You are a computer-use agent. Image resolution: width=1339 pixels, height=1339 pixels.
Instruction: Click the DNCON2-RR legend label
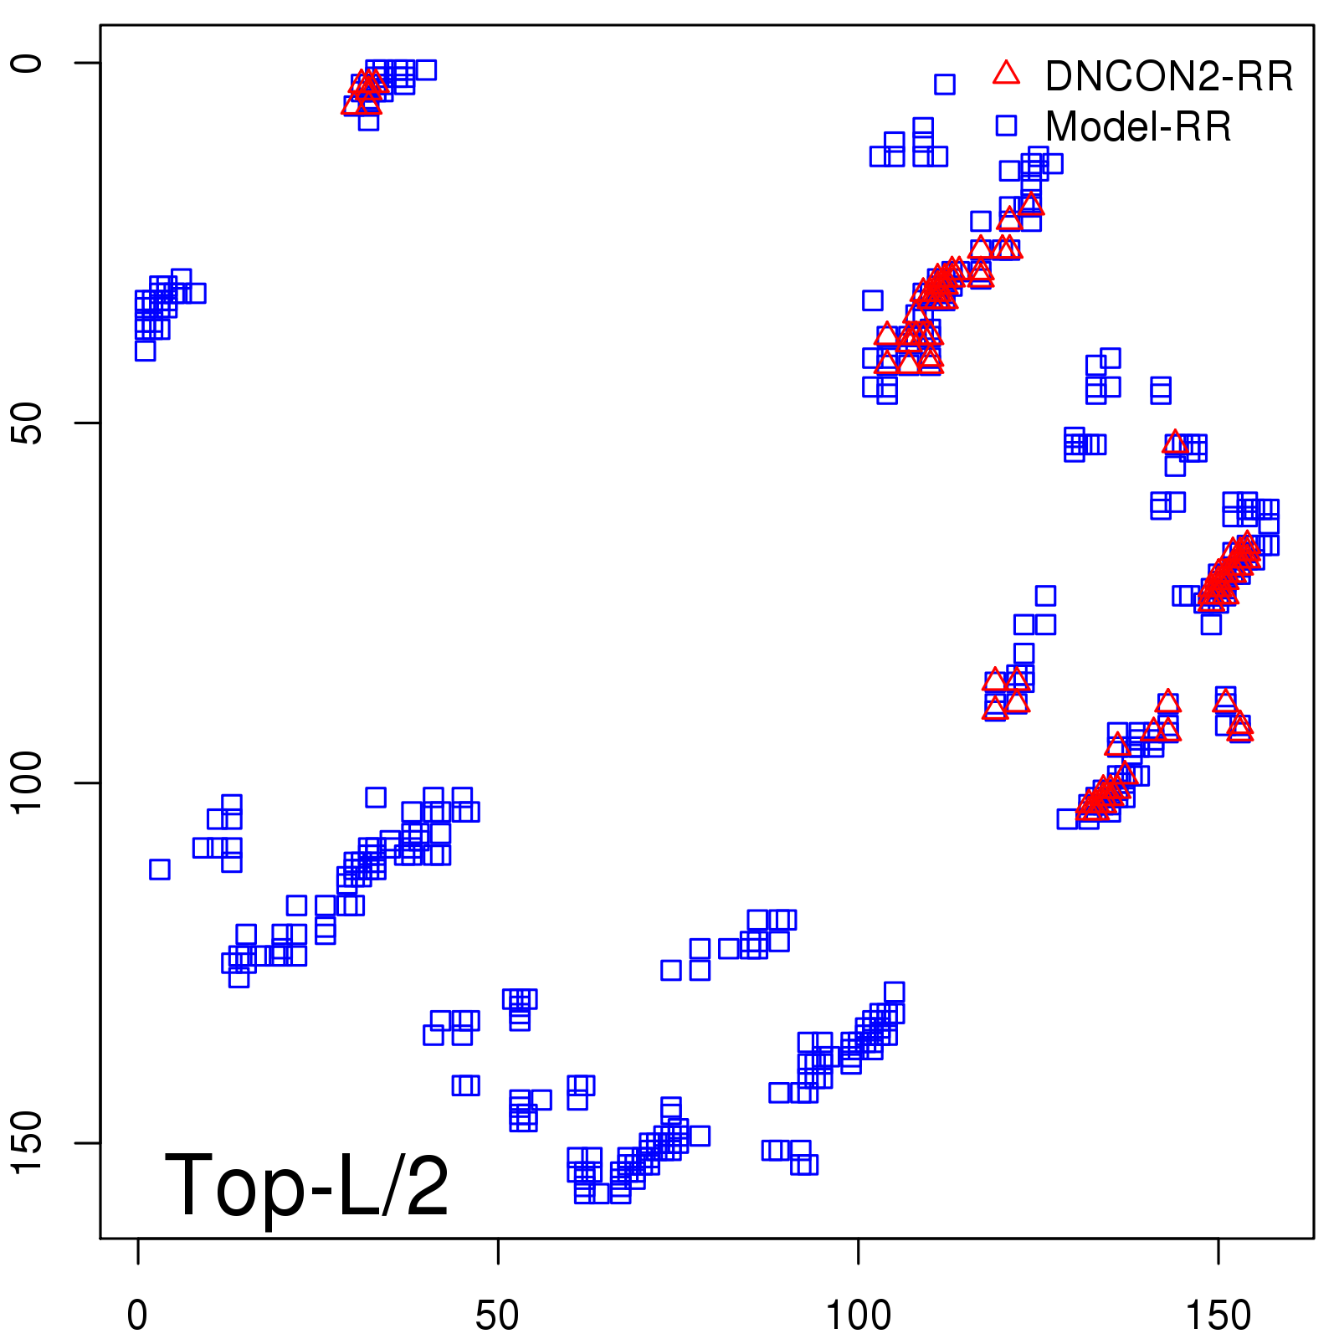1168,77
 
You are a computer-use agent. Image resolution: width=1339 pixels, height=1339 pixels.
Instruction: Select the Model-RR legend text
1138,127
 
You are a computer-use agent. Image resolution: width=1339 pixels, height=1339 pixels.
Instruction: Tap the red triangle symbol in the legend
1006,74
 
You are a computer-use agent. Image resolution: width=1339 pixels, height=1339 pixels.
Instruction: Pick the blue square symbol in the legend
1006,126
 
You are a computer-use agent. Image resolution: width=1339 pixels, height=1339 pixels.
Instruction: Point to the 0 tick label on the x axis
137,1316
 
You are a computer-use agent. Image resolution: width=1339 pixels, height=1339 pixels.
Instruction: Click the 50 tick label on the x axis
497,1316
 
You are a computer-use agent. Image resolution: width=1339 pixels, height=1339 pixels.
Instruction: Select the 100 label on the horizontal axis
858,1316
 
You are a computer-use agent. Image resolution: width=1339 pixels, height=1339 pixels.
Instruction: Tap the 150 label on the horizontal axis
1218,1316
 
